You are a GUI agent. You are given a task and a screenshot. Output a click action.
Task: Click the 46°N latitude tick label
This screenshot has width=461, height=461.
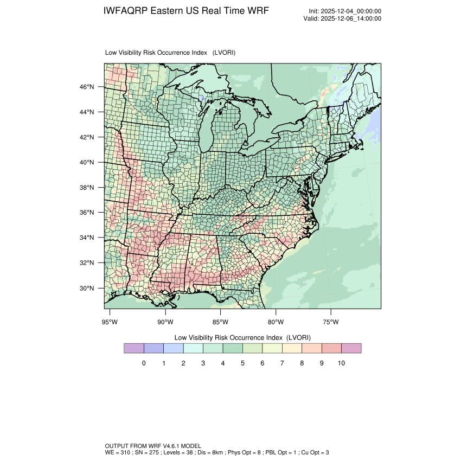(87, 87)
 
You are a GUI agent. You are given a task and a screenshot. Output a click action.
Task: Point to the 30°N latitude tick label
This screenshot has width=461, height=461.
(87, 288)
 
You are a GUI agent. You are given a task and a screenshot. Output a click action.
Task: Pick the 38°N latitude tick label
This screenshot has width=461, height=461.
(87, 188)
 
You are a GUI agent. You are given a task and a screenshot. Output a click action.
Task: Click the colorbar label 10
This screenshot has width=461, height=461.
(341, 363)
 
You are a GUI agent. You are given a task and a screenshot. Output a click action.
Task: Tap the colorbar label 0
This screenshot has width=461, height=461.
(144, 363)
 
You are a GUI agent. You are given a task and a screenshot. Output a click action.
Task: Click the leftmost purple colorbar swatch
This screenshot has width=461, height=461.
(134, 348)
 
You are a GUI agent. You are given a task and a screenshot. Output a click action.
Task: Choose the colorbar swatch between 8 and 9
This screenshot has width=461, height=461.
(312, 348)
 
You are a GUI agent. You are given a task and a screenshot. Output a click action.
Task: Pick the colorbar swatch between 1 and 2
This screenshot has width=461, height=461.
(174, 348)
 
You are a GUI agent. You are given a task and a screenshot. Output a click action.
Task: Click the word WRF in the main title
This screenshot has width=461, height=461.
(257, 11)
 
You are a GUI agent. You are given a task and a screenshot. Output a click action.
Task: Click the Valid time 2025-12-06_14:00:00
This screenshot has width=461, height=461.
(351, 18)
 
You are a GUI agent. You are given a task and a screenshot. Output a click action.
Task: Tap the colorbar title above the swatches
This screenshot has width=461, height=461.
(242, 337)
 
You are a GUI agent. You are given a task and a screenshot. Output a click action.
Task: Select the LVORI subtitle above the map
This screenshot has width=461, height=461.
(170, 53)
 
